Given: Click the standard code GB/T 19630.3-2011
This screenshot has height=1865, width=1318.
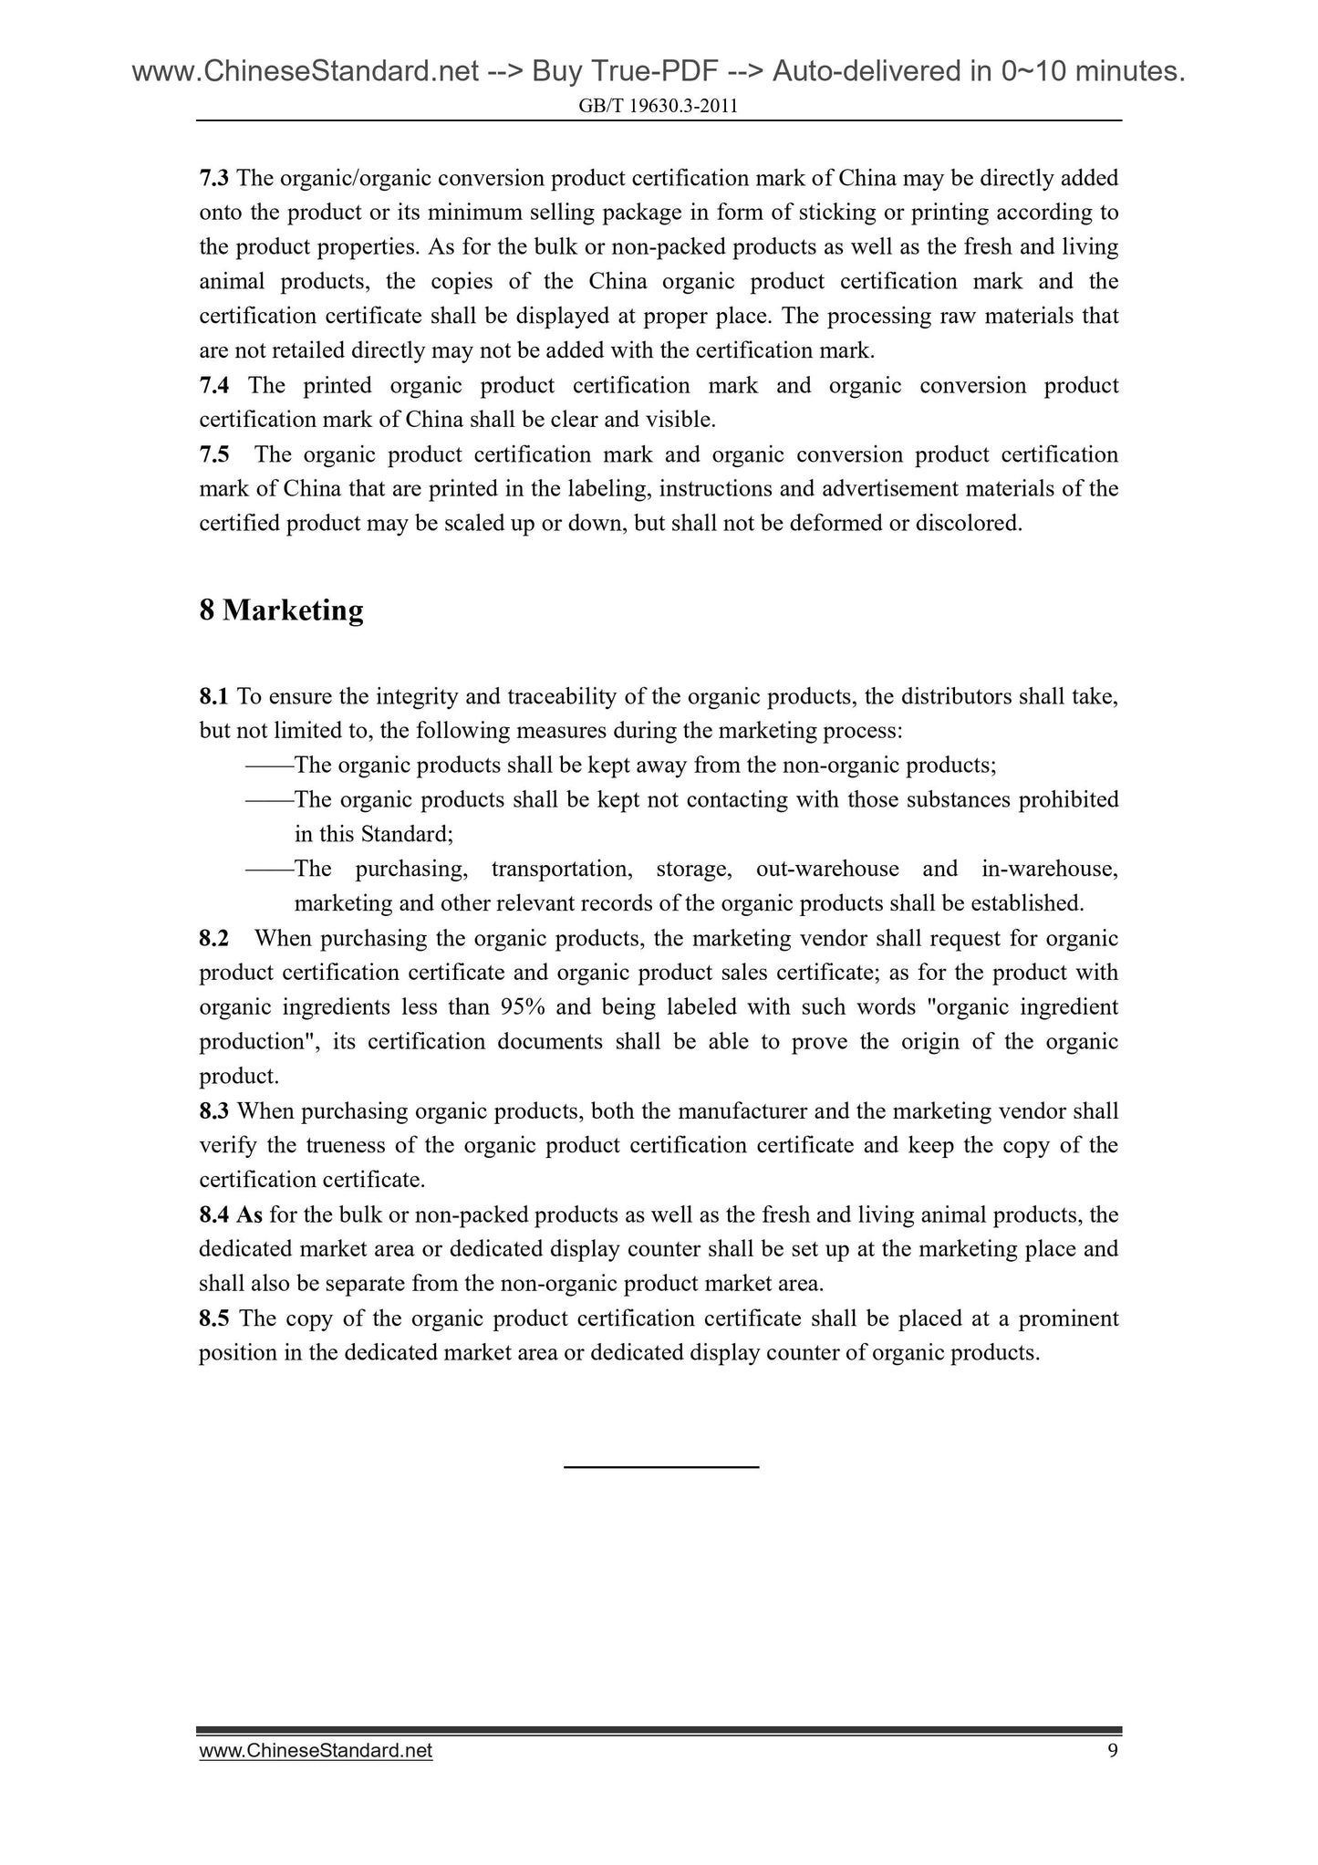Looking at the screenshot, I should (658, 107).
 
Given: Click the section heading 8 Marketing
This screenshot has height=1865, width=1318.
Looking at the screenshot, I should (281, 610).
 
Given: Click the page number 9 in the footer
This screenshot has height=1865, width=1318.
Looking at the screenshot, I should (1112, 1751).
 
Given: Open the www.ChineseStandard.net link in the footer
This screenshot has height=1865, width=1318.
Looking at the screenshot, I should (316, 1751).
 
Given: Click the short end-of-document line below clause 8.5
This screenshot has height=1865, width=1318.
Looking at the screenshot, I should (661, 1467).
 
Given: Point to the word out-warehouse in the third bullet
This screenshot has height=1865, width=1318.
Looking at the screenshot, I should (827, 869).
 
